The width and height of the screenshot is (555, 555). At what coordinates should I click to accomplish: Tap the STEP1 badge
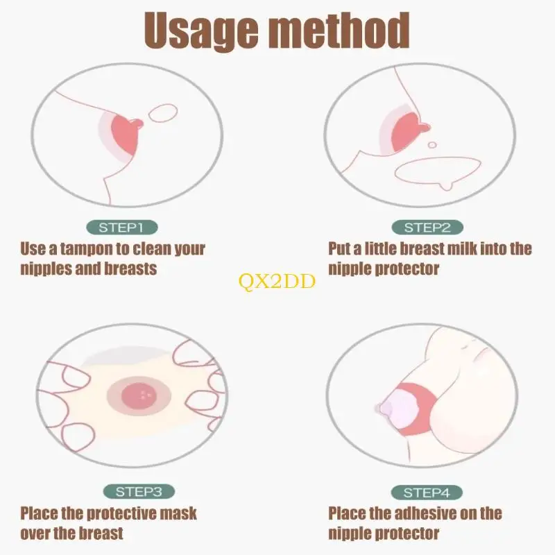[122, 228]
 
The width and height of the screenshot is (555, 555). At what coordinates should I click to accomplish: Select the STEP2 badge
[427, 228]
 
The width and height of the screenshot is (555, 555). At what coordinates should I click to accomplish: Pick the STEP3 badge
[139, 491]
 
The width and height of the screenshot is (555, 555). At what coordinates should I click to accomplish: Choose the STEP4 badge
[427, 492]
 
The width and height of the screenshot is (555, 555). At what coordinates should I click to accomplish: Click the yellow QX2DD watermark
[277, 282]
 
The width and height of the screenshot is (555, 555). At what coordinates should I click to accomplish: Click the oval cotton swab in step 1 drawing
[162, 113]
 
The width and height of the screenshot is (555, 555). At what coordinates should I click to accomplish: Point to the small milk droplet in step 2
[432, 145]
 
